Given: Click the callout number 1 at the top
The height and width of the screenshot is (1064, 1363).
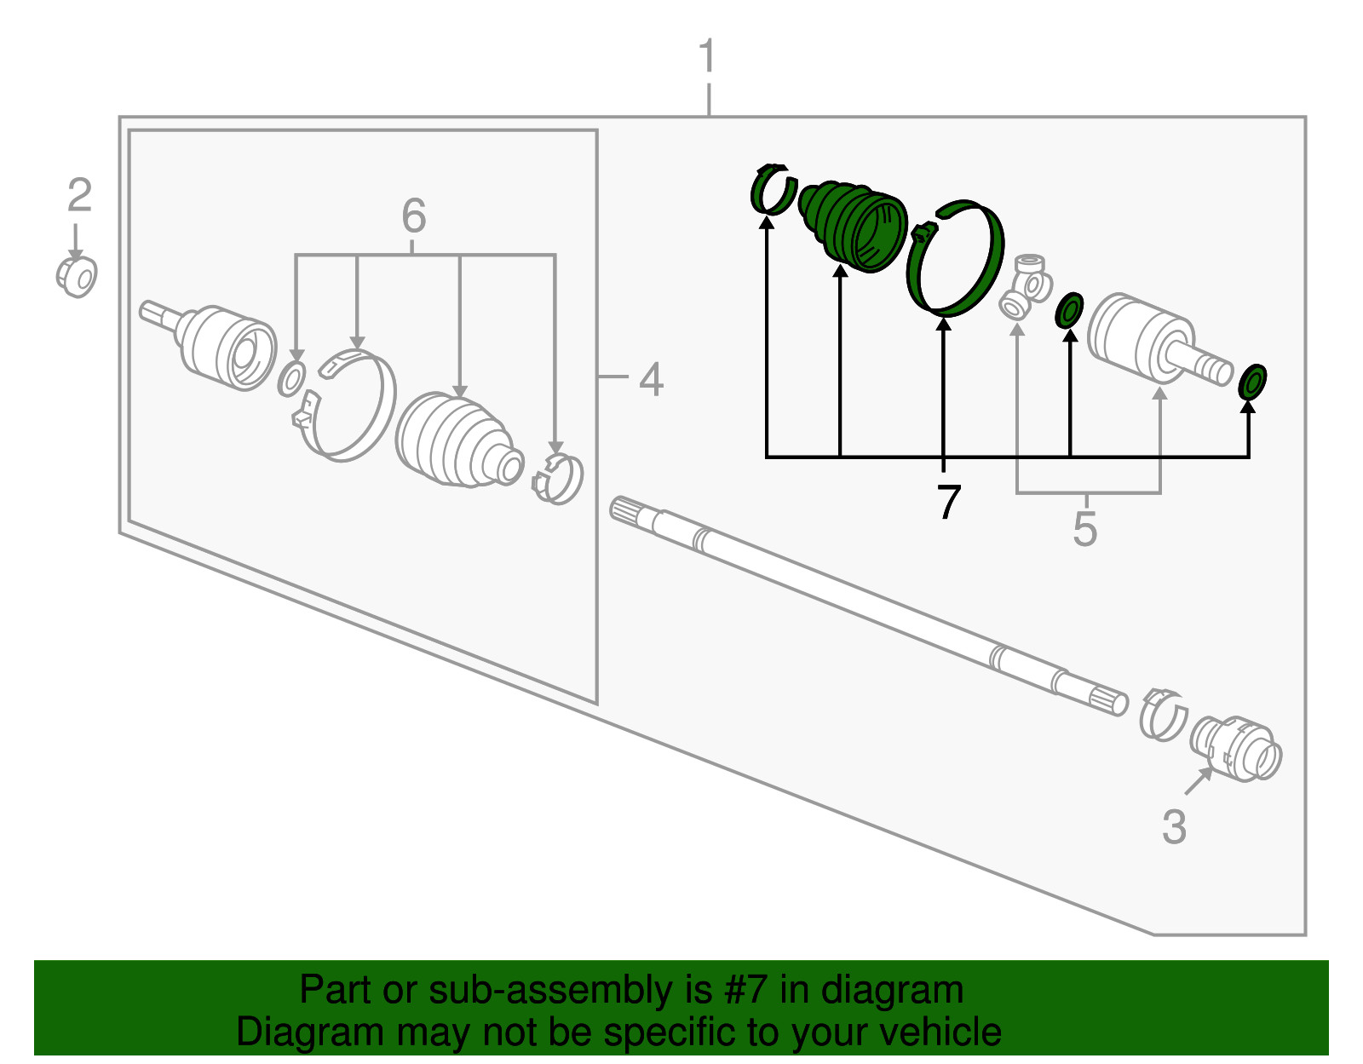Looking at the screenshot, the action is point(708,56).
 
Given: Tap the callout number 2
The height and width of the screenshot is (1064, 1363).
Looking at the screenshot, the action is point(80,195).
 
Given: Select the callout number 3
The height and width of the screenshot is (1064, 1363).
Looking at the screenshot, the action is point(1174,826).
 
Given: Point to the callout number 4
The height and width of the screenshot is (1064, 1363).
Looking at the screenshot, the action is point(651,379).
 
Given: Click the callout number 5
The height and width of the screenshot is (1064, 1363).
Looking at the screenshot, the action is point(1085,528).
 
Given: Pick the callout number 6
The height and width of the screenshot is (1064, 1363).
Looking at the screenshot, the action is point(414,215).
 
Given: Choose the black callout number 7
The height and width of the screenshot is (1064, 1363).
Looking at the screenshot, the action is point(948,502).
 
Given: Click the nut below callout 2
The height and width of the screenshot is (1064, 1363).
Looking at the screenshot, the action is point(77,276).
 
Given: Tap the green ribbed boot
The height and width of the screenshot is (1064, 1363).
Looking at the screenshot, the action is point(853,226).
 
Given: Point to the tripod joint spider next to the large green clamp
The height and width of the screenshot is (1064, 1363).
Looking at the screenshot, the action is point(1026,286).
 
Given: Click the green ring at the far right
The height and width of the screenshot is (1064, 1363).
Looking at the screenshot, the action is point(1252,381).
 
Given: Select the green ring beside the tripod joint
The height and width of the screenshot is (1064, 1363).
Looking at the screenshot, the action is point(1069,310).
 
